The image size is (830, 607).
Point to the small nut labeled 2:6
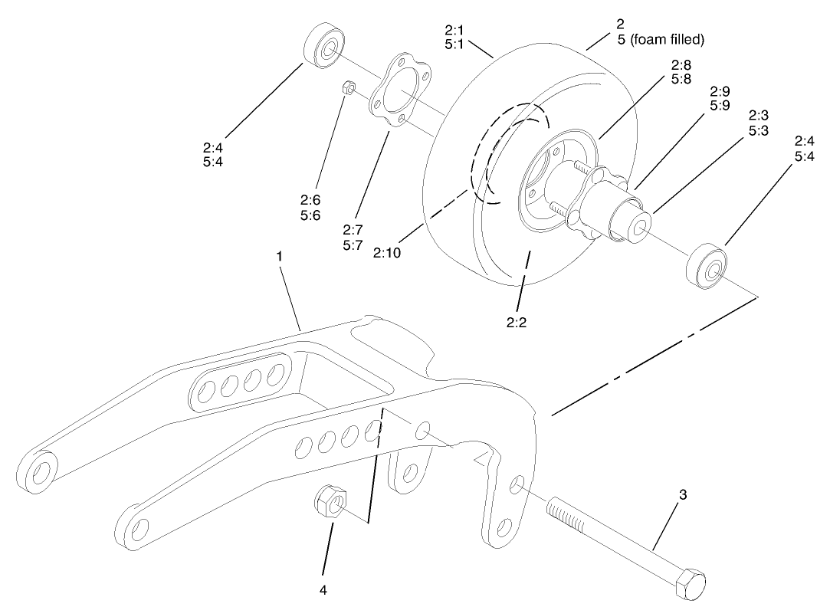346,88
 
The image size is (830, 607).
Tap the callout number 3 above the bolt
683,495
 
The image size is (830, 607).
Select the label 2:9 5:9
720,97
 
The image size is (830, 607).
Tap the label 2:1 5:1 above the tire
455,38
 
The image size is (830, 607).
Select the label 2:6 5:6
310,208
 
